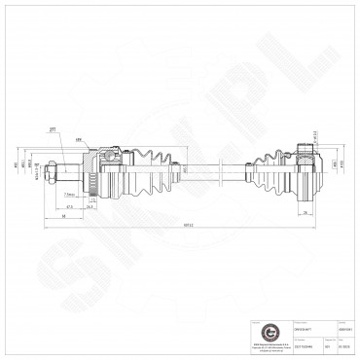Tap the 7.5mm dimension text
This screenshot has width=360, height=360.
(x=69, y=194)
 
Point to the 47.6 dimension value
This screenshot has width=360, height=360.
(x=73, y=206)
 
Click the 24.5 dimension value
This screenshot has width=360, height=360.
(x=90, y=206)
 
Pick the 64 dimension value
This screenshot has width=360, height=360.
(x=64, y=218)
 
